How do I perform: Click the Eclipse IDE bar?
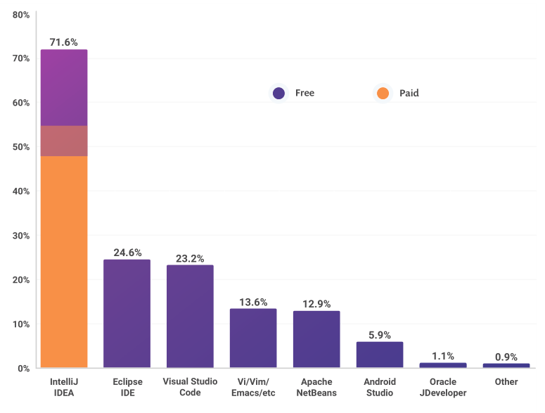point(127,314)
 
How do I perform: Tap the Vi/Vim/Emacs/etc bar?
point(253,338)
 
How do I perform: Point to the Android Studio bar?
point(380,355)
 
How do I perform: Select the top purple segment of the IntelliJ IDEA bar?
point(64,87)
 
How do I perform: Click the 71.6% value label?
point(64,42)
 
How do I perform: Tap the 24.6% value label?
point(127,252)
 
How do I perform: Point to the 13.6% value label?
point(253,302)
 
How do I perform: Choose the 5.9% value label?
point(380,335)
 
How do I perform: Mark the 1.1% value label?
point(443,356)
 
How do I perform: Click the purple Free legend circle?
point(279,93)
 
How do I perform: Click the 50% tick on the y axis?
point(20,146)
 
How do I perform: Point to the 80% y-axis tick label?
point(20,14)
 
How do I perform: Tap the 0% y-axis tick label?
point(23,368)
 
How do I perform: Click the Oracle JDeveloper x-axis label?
point(443,387)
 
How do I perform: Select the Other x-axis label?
point(506,381)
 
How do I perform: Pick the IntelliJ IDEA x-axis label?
point(64,387)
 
